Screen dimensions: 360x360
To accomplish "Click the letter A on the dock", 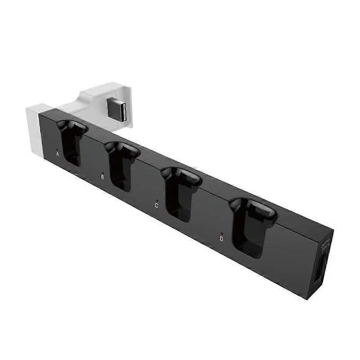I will (58, 153).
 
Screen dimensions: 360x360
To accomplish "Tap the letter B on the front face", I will (103, 177).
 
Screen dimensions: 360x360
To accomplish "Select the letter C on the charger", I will (156, 206).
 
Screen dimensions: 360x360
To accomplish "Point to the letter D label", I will (221, 239).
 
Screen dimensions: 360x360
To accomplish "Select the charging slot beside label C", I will (179, 193).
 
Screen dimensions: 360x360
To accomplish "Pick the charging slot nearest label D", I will (250, 227).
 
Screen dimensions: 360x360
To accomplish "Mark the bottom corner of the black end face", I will (309, 298).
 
